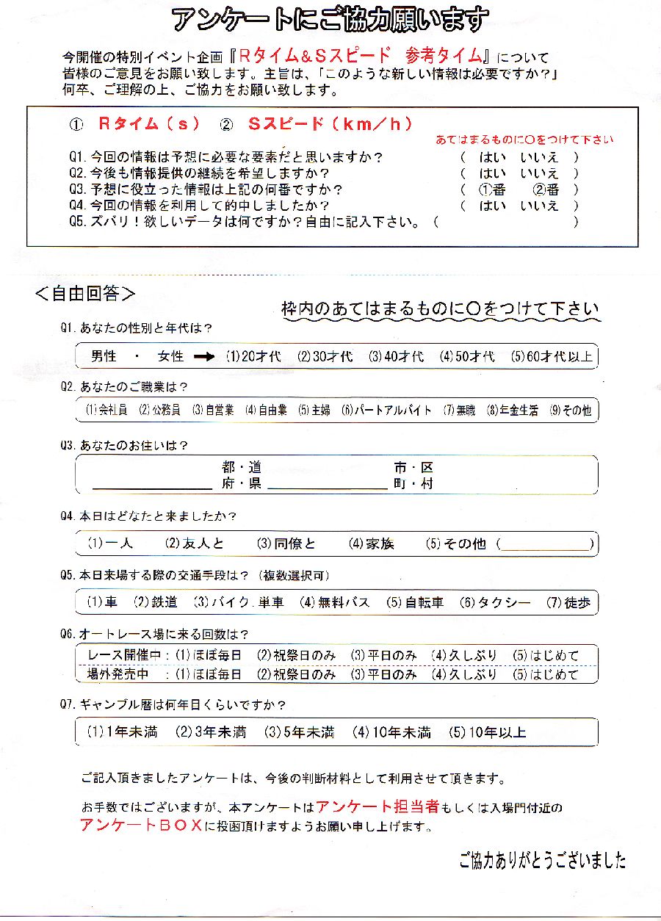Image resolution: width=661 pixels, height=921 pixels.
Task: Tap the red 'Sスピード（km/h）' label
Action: pos(329,124)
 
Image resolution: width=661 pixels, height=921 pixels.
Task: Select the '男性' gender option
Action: pos(104,357)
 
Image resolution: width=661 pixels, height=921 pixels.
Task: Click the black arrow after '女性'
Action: pos(204,357)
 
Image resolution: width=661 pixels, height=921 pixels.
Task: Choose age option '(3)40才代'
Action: pos(396,357)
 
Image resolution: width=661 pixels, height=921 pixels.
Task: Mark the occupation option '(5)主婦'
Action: pos(314,411)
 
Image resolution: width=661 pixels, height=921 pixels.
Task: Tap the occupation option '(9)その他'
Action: pos(570,411)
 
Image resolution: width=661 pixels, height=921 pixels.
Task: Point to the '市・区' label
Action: pos(413,468)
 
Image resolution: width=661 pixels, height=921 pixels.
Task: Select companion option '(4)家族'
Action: pos(372,544)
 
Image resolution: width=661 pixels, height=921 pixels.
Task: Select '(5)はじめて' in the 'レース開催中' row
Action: pos(546,655)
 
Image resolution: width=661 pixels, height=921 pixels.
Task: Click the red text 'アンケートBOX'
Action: pos(141,825)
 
